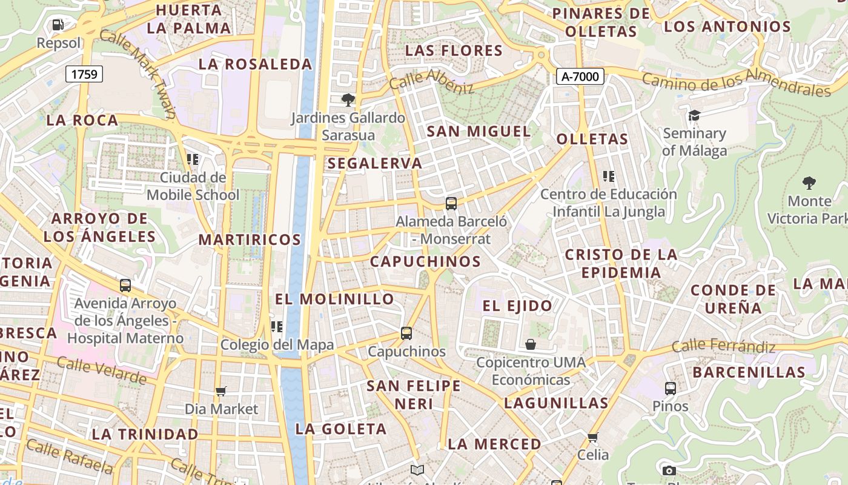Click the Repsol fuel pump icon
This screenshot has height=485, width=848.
[58, 25]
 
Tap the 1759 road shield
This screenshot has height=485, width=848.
[84, 74]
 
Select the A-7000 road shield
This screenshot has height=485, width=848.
[580, 76]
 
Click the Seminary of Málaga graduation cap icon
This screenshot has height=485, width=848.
[694, 115]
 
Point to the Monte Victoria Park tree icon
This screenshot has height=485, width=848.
[809, 182]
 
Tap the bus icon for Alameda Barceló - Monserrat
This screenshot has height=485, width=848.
[451, 204]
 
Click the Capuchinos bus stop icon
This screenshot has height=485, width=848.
[406, 333]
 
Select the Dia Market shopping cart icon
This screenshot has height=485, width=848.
[221, 391]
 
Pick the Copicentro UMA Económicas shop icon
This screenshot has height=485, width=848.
[531, 344]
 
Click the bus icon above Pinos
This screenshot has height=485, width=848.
[670, 388]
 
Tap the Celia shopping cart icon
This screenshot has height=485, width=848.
[592, 437]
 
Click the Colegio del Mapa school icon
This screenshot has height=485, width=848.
[277, 327]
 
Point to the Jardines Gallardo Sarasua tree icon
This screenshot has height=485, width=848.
[348, 100]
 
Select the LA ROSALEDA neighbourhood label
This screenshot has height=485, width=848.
[255, 64]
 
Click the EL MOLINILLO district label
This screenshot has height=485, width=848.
[334, 299]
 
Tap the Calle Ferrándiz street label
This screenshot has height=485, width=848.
[723, 347]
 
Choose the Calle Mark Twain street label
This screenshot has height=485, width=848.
[138, 73]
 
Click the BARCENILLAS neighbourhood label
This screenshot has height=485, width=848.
[749, 372]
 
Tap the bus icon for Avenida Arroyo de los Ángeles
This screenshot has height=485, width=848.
[125, 285]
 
